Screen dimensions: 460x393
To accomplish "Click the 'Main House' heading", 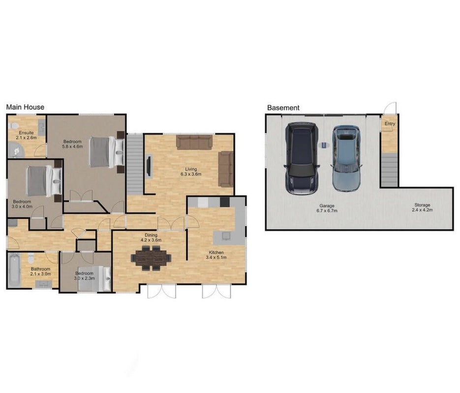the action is (x=25, y=107).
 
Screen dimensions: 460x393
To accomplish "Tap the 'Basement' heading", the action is (x=283, y=108).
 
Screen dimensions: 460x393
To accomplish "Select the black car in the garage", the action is (x=302, y=158).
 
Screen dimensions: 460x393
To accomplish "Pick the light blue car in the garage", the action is (x=346, y=158).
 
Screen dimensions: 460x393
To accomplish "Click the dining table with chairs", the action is (x=151, y=258).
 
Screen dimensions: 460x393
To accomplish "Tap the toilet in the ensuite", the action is (x=13, y=126).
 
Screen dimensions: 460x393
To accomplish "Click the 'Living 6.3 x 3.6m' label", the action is (x=191, y=171).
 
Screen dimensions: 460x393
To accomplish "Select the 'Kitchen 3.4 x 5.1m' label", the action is (x=216, y=255).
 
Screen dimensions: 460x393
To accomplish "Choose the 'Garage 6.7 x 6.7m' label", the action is (x=327, y=208).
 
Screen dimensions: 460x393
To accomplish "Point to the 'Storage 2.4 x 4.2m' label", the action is (x=422, y=207).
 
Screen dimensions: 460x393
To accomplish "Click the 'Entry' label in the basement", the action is (x=390, y=124).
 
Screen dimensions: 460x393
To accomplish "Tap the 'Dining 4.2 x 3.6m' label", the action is (x=151, y=237).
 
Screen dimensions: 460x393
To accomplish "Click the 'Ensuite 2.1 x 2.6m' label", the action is (x=27, y=135).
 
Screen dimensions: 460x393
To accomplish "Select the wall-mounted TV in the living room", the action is (x=149, y=167).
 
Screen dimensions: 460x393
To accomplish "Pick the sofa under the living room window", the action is (x=194, y=142).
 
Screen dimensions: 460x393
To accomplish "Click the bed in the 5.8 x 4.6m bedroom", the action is (x=107, y=152).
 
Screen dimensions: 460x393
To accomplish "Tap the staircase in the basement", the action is (x=390, y=170).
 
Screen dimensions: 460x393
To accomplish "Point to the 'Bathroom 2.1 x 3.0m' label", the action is (x=40, y=272).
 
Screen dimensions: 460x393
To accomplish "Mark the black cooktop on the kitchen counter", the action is (x=225, y=202).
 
